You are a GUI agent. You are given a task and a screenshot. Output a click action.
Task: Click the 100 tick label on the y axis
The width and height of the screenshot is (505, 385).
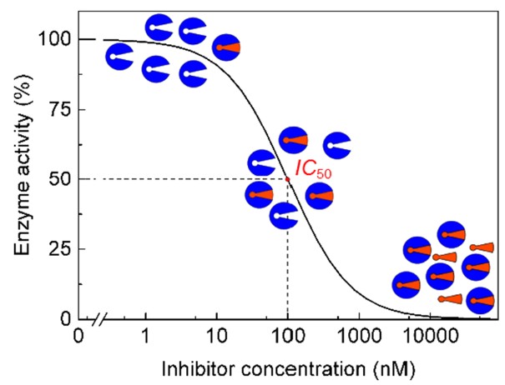(54, 40)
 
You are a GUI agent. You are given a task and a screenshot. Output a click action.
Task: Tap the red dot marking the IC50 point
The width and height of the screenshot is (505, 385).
(288, 178)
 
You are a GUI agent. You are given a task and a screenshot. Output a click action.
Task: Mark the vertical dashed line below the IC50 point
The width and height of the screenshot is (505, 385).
(288, 258)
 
